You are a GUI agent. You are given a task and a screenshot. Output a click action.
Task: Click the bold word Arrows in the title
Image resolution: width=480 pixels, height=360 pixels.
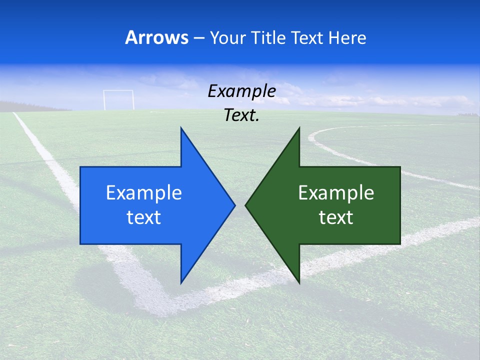point(156,37)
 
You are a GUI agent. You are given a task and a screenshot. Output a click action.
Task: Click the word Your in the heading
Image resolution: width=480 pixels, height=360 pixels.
point(228,37)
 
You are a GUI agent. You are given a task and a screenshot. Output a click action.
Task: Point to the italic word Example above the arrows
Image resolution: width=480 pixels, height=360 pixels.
point(242,91)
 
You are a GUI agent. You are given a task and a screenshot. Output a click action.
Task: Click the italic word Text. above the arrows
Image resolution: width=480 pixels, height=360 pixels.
point(242,115)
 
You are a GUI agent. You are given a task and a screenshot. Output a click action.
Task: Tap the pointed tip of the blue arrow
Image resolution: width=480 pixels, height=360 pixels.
point(234,205)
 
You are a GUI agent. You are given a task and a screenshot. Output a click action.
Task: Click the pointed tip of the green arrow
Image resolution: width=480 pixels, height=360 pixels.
point(246,205)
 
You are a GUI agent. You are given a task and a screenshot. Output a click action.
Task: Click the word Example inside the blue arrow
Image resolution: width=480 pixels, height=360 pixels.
point(144,193)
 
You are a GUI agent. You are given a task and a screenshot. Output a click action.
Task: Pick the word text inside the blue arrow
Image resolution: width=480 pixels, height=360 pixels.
point(144,217)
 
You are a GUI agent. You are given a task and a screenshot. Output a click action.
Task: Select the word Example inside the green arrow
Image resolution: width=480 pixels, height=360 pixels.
point(336,193)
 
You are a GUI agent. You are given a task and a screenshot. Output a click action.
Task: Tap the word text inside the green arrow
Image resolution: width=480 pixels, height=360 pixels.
point(336,217)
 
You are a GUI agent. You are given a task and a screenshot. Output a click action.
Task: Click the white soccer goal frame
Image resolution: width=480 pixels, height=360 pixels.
point(118,99)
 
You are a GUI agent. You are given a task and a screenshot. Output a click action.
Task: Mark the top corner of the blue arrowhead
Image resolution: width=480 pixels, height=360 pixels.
point(181,128)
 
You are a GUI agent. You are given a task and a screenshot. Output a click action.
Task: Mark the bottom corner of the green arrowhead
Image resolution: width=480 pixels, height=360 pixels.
point(299,283)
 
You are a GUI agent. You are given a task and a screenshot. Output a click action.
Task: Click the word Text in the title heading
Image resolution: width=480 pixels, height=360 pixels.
point(307,37)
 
